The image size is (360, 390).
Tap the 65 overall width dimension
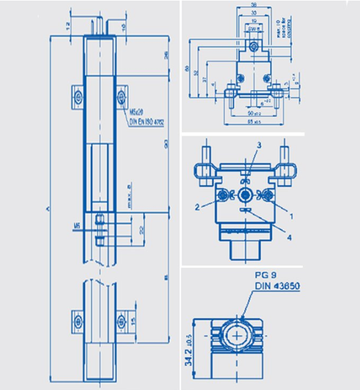[254, 121]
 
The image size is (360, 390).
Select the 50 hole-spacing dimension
[254, 112]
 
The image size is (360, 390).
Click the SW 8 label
[252, 28]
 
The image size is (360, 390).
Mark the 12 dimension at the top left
[67, 25]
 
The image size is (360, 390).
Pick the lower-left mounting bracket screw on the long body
[77, 320]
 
